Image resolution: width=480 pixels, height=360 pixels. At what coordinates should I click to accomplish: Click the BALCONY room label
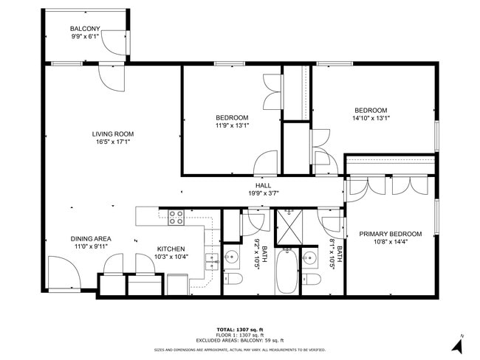pos(86,29)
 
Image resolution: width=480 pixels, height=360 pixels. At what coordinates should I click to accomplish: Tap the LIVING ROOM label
pos(112,134)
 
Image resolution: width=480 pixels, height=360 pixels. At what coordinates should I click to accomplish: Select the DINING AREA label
pos(90,238)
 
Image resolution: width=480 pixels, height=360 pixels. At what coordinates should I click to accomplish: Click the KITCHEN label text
pos(170,249)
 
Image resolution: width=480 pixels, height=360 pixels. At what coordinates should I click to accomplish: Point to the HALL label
pos(264,186)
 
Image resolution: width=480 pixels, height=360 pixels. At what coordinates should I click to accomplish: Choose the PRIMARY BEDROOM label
pos(390,234)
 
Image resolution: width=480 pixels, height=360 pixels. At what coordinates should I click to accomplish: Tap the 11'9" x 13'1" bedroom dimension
pos(232,125)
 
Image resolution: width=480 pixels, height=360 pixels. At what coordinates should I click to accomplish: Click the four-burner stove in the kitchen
pos(176,217)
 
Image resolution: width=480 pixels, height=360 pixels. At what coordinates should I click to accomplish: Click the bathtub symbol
pos(287,271)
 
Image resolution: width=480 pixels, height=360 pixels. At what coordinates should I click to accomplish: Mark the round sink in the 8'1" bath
pos(310,258)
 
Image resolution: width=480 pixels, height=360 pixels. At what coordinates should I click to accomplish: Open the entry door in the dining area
pos(63,273)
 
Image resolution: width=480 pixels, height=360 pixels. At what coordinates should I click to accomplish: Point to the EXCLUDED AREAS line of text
pos(240,340)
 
